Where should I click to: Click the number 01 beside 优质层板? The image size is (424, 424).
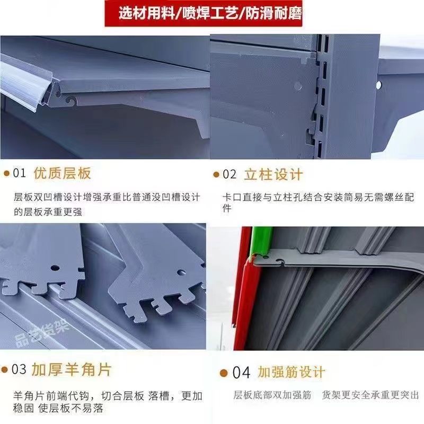[19, 173]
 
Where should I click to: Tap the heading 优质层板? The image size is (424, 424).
[62, 173]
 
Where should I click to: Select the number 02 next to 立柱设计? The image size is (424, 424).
[229, 174]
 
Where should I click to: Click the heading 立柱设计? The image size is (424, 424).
[273, 174]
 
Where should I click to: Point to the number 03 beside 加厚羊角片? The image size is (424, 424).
[19, 369]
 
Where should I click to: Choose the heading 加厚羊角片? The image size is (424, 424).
[72, 369]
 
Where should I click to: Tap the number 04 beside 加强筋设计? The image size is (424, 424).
[241, 373]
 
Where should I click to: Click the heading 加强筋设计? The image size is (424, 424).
[291, 373]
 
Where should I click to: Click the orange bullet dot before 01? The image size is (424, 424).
[6, 174]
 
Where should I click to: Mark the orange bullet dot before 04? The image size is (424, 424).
[224, 373]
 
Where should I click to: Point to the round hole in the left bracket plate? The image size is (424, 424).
[55, 268]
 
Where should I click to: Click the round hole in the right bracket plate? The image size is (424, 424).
[181, 272]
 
